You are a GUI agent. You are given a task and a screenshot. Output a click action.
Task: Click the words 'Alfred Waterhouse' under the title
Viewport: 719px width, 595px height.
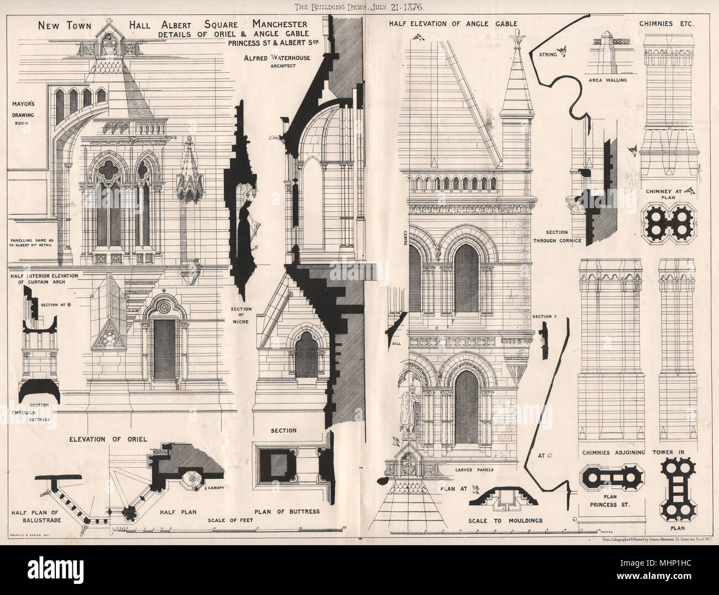coord(270,58)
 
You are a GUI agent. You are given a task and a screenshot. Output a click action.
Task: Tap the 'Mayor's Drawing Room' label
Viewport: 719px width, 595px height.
coord(21,113)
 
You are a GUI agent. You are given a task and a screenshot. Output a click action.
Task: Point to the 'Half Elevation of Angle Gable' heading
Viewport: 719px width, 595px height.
coord(452,24)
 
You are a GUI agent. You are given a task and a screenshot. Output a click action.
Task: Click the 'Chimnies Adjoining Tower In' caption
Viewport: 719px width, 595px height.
coord(633,452)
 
